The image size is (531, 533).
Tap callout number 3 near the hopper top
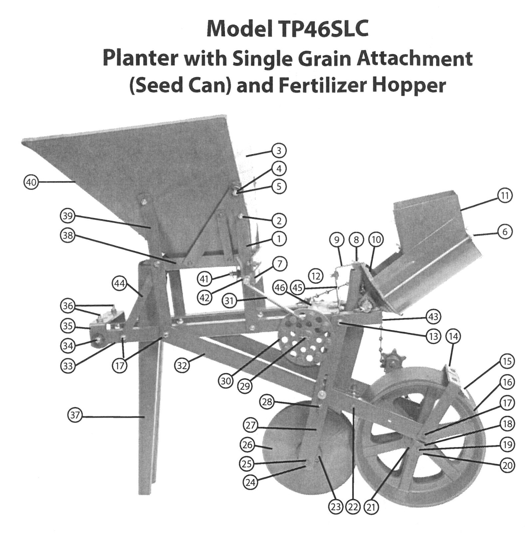279,151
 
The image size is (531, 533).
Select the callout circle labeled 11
505,195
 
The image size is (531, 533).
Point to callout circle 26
247,444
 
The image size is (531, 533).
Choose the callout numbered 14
453,336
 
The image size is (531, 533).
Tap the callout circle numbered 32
182,366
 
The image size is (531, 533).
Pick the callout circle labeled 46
280,287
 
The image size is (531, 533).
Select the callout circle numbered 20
507,465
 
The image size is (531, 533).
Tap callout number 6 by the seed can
505,232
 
